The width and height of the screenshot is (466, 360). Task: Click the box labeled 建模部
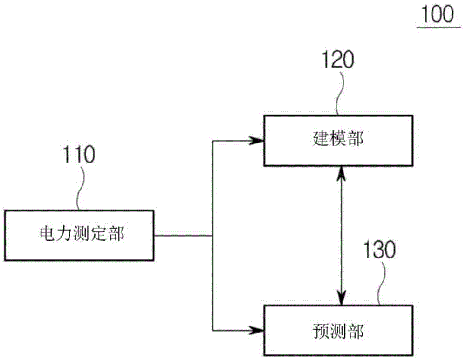[338, 141]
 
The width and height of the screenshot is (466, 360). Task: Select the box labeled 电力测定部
[80, 235]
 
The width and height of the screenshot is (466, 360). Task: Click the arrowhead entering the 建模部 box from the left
[257, 140]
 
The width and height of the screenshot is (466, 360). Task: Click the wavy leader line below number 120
[340, 93]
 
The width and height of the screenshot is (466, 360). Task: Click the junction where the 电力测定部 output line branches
[212, 235]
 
